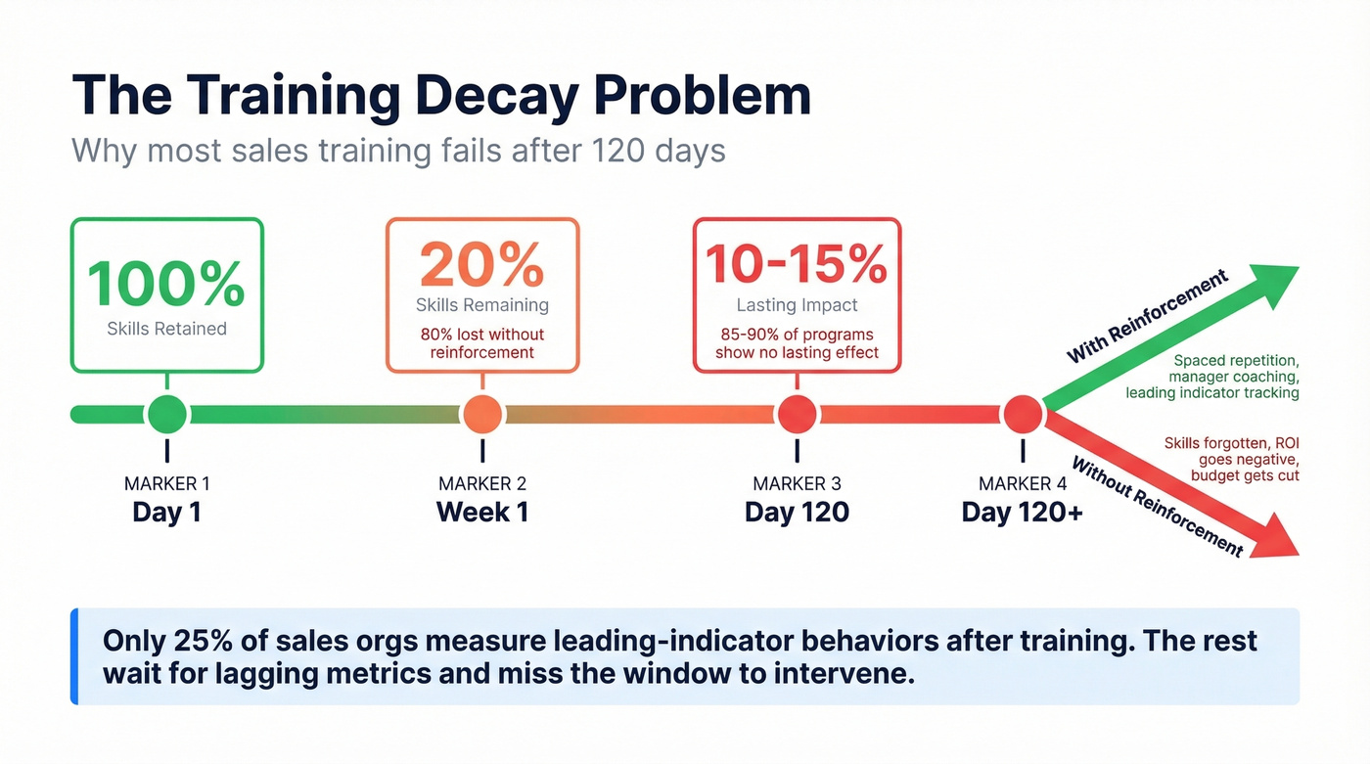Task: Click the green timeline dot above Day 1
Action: tap(167, 415)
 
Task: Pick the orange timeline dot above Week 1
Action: tap(482, 415)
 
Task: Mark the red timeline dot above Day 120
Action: tap(797, 415)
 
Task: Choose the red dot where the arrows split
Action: tap(1024, 415)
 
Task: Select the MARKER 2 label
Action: tap(482, 483)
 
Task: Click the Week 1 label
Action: tap(482, 512)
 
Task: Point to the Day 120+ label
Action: tap(1023, 512)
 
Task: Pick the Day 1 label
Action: tap(167, 512)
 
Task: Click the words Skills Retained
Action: tap(166, 329)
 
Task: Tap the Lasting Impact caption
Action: tap(797, 304)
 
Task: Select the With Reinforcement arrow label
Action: tap(1147, 316)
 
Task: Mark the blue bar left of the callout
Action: tap(74, 655)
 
